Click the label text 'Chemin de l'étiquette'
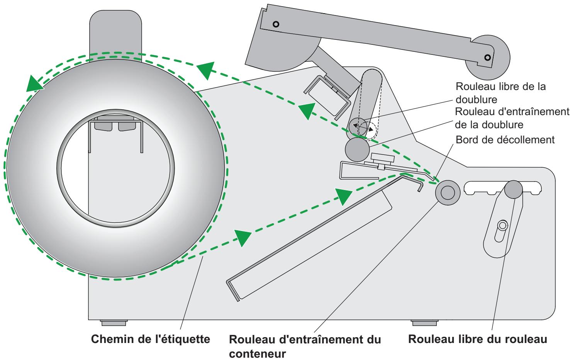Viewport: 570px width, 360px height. click(150, 340)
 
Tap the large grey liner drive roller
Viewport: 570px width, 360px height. click(358, 150)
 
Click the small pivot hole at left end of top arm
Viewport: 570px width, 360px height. click(275, 24)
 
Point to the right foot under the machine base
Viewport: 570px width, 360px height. click(424, 322)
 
